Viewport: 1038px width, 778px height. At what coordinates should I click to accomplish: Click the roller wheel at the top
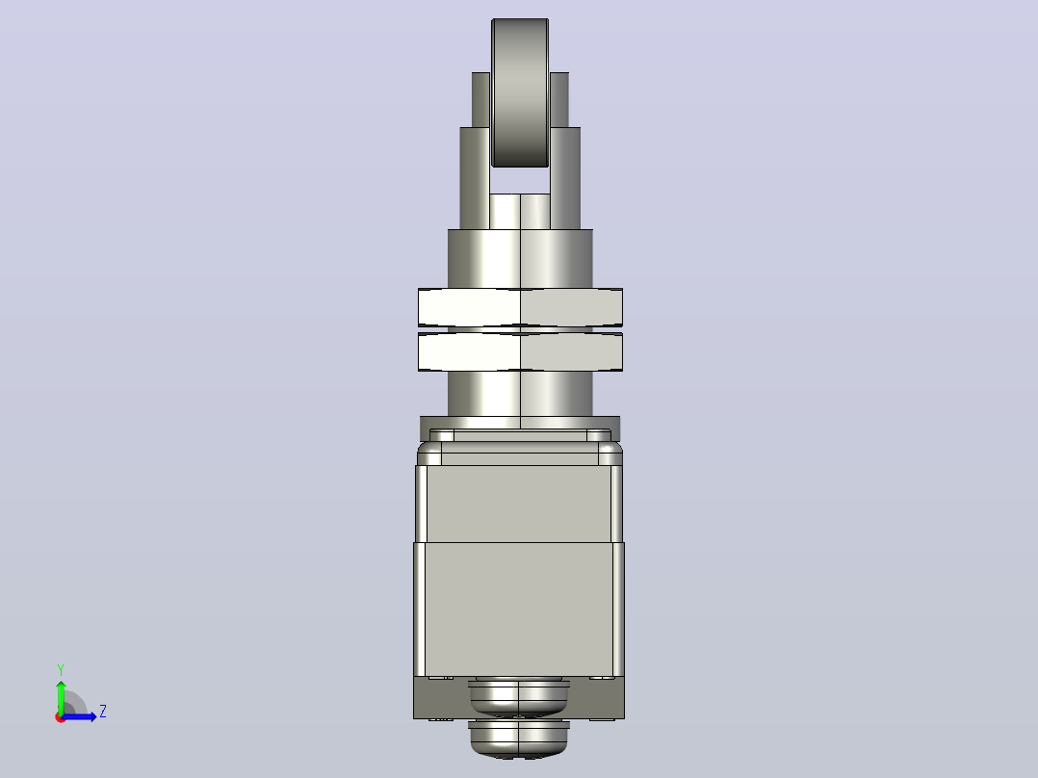(520, 92)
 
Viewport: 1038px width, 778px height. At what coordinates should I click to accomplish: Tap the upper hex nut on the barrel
(520, 307)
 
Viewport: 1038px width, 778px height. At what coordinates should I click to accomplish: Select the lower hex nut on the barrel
(520, 351)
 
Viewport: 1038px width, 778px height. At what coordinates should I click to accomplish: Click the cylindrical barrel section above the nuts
(520, 259)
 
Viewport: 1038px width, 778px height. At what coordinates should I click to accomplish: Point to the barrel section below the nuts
(520, 393)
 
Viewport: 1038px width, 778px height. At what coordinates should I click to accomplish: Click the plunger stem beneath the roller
(520, 211)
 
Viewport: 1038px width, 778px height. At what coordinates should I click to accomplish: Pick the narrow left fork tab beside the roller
(481, 99)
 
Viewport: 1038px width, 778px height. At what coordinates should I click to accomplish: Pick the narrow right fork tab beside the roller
(559, 99)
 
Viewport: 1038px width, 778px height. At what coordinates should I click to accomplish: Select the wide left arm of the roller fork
(476, 178)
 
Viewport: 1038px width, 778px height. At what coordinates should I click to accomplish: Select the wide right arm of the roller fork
(565, 178)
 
